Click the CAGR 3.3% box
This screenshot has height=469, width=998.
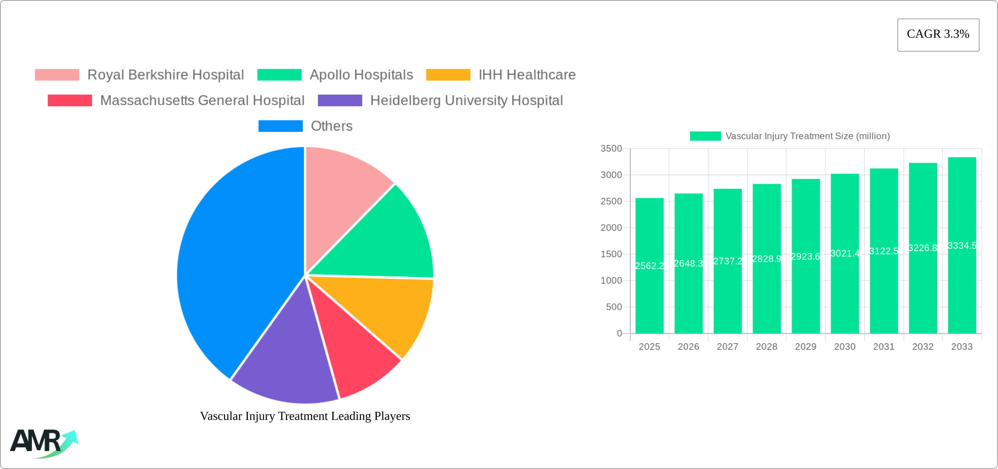(x=938, y=35)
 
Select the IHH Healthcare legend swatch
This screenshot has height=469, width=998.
(x=448, y=75)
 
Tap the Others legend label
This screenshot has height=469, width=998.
(x=331, y=126)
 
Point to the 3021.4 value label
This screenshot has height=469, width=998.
(x=845, y=253)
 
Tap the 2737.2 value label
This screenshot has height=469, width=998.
(x=727, y=261)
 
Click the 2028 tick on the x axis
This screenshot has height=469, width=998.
(x=766, y=347)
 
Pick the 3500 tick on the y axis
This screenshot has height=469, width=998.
(x=611, y=149)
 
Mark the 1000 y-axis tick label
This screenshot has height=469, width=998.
(x=611, y=281)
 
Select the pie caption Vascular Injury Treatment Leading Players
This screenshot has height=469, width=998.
(x=305, y=416)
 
